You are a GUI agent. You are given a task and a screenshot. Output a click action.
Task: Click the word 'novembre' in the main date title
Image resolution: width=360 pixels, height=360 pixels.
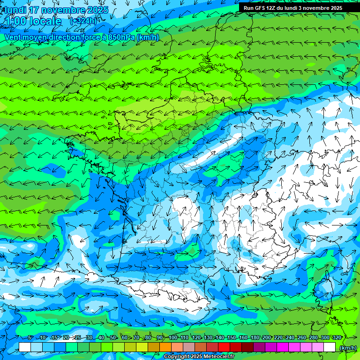tap(60, 10)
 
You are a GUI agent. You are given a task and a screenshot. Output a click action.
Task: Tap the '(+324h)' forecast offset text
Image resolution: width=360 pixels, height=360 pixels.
tap(83, 21)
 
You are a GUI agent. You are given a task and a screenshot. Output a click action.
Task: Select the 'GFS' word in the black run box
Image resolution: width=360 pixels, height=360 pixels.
tap(261, 8)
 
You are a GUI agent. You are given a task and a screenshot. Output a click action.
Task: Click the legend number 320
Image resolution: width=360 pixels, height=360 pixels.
tap(337, 337)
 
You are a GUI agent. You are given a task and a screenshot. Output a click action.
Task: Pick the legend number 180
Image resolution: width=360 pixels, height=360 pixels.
tap(255, 337)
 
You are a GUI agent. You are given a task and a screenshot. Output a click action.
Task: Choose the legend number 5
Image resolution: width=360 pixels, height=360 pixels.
tap(30, 337)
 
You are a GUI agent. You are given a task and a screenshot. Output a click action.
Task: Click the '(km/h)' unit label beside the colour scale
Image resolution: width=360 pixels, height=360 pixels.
tap(348, 347)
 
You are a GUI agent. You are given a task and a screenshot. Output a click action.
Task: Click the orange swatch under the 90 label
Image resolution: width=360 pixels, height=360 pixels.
tap(165, 347)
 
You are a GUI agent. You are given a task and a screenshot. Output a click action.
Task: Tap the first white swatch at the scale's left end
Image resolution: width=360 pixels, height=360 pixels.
tap(25, 347)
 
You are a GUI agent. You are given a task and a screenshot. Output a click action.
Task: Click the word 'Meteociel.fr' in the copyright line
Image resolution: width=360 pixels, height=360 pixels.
tap(219, 357)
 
